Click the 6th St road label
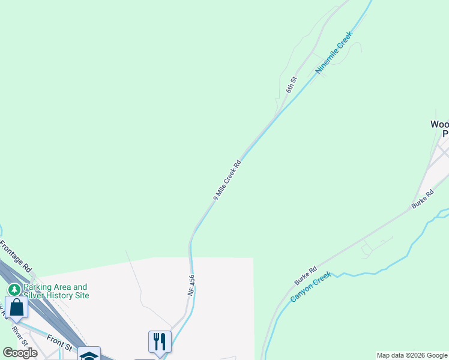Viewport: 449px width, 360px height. click(292, 84)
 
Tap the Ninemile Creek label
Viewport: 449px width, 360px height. click(334, 52)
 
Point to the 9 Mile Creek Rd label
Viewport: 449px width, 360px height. click(227, 180)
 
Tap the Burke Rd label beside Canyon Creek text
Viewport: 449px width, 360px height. click(305, 276)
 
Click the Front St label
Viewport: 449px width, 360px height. click(59, 343)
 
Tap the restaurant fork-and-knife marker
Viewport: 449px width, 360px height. click(160, 341)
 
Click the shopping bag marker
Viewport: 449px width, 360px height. click(16, 307)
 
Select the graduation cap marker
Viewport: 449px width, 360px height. click(89, 354)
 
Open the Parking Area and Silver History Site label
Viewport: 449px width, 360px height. click(56, 291)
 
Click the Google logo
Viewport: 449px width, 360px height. click(20, 353)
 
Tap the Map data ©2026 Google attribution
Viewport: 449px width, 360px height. click(412, 355)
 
